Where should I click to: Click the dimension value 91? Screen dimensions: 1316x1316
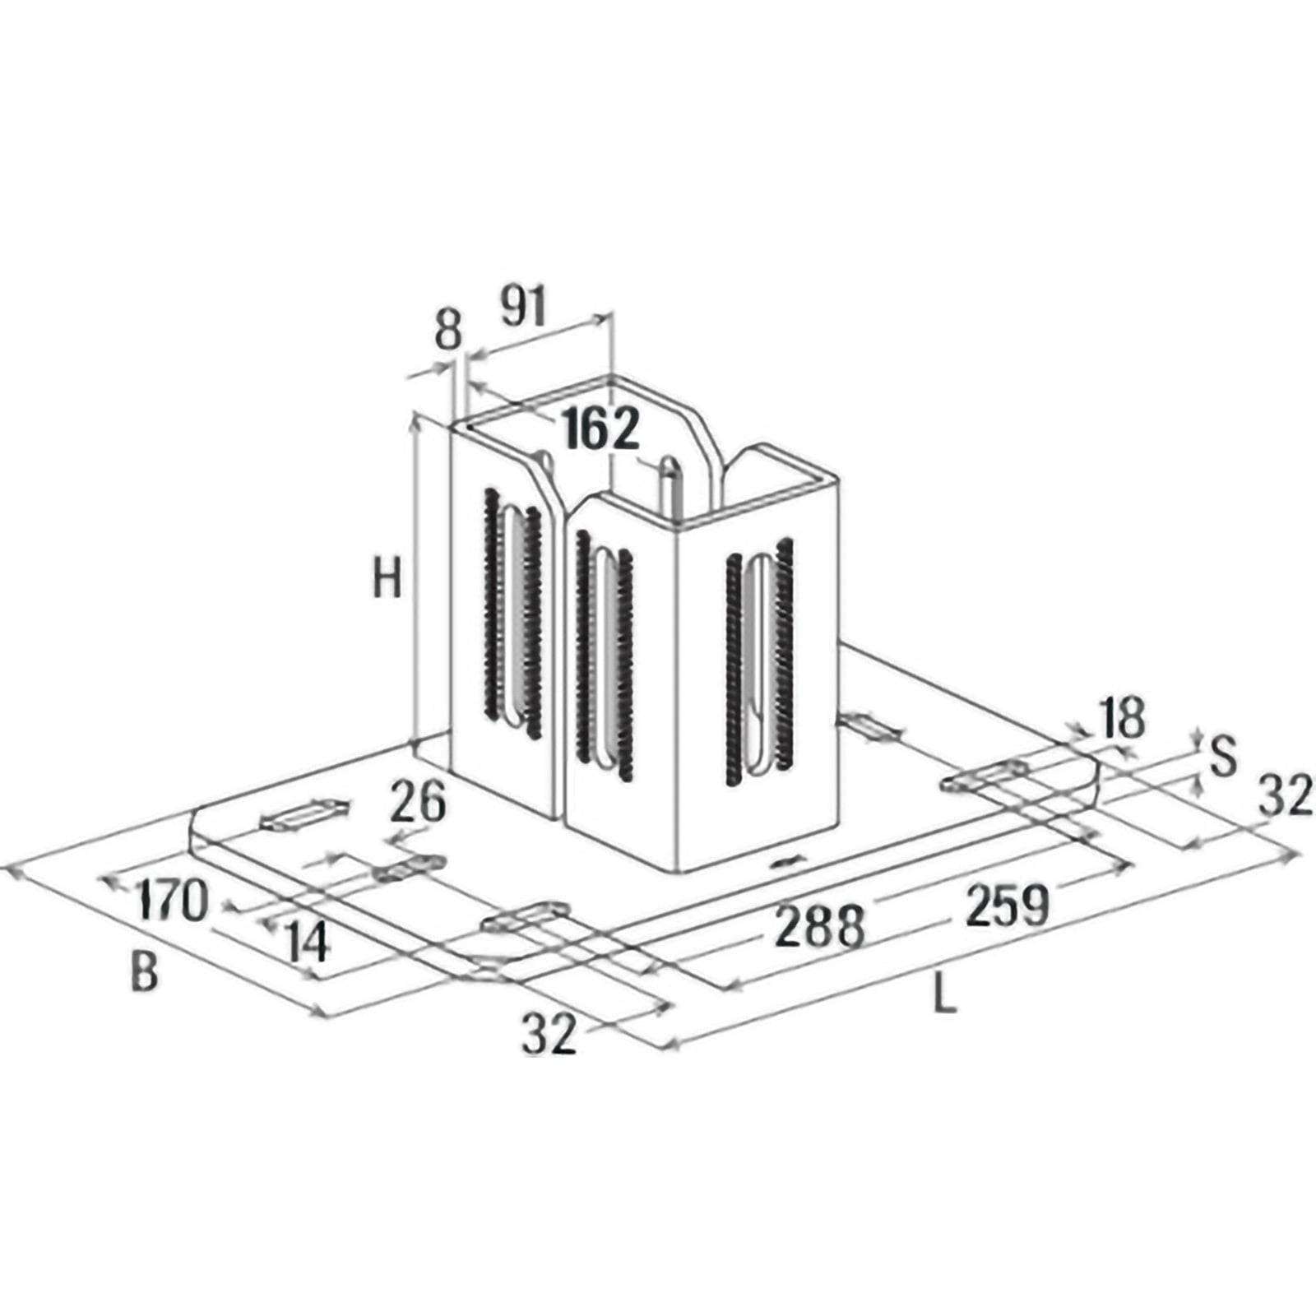pyautogui.click(x=523, y=308)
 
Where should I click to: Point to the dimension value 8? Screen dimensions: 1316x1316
pyautogui.click(x=447, y=330)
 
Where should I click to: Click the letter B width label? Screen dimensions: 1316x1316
pyautogui.click(x=144, y=971)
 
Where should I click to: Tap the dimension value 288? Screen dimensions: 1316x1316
pyautogui.click(x=820, y=926)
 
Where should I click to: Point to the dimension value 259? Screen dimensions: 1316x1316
pyautogui.click(x=1008, y=904)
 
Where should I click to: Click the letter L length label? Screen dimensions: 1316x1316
pyautogui.click(x=945, y=997)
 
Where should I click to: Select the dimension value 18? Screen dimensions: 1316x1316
pyautogui.click(x=1122, y=717)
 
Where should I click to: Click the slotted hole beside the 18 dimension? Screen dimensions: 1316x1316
pyautogui.click(x=985, y=777)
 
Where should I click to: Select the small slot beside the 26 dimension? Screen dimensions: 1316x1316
pyautogui.click(x=410, y=868)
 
